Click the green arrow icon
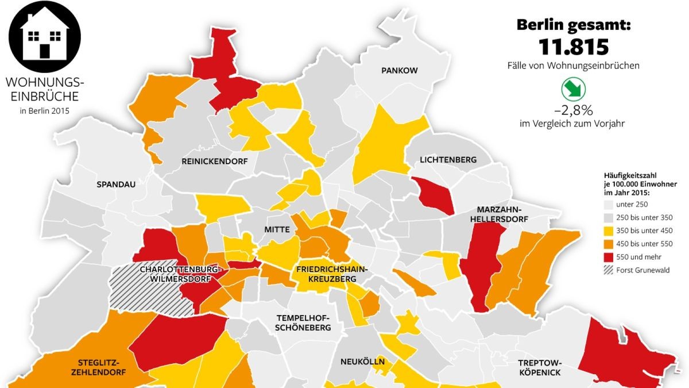click(x=573, y=90)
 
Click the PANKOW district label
click(x=399, y=70)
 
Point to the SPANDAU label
click(x=117, y=185)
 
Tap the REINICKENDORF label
click(x=214, y=162)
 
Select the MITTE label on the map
click(x=277, y=229)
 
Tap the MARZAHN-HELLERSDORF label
click(x=498, y=213)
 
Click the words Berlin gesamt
click(x=574, y=25)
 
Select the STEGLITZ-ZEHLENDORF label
click(x=99, y=367)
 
